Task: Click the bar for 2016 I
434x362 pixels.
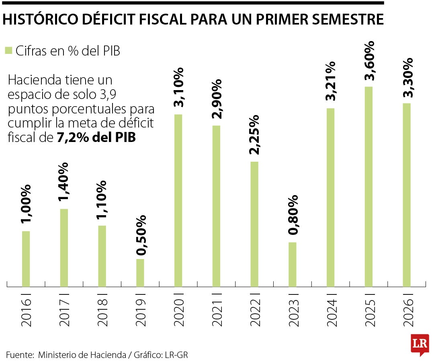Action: [x=26, y=259]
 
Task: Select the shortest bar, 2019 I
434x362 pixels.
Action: [x=140, y=273]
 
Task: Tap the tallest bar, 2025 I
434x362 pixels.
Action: [x=368, y=187]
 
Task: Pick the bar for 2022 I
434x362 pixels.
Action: [x=254, y=224]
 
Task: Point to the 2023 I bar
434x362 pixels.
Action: [x=292, y=265]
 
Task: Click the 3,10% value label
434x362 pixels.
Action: [x=178, y=87]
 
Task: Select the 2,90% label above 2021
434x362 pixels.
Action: [x=217, y=99]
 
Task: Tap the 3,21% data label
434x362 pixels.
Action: [x=330, y=81]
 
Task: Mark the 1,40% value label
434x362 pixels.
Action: [x=63, y=182]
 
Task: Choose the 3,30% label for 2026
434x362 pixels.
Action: [x=407, y=78]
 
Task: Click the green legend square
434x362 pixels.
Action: [x=8, y=50]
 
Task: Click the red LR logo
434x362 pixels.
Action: [x=420, y=345]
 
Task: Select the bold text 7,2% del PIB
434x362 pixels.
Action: [x=96, y=138]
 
